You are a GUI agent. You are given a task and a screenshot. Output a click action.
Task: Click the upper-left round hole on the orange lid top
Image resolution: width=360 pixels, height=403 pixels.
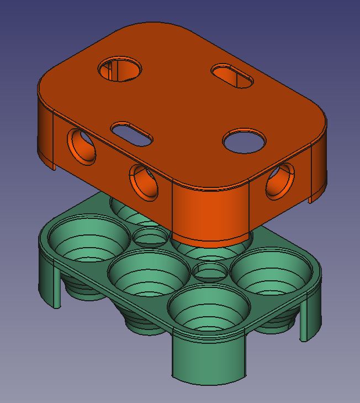click(x=120, y=69)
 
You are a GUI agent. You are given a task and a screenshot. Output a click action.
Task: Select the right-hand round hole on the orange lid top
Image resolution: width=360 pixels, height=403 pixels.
click(x=244, y=140)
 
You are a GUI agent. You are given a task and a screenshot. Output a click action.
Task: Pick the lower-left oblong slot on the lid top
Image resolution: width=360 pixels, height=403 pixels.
click(x=132, y=134)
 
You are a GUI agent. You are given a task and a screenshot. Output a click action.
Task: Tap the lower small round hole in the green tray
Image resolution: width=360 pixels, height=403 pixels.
click(x=209, y=271)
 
